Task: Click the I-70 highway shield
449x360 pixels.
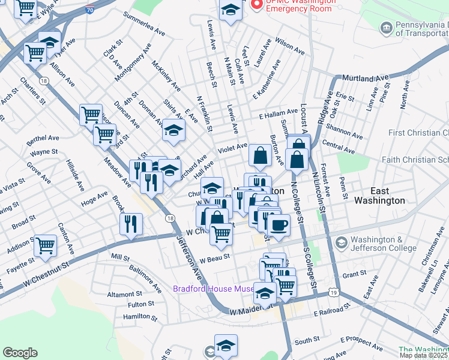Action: pyautogui.click(x=89, y=10)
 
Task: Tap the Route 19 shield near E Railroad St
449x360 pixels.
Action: pyautogui.click(x=333, y=292)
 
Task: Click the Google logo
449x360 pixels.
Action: pyautogui.click(x=20, y=353)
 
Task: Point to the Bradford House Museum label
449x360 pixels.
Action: pyautogui.click(x=214, y=289)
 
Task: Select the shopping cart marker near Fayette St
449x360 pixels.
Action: pyautogui.click(x=46, y=244)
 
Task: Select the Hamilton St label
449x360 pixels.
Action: pyautogui.click(x=140, y=316)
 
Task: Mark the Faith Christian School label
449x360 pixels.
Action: pyautogui.click(x=415, y=160)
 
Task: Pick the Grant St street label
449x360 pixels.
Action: pyautogui.click(x=354, y=274)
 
